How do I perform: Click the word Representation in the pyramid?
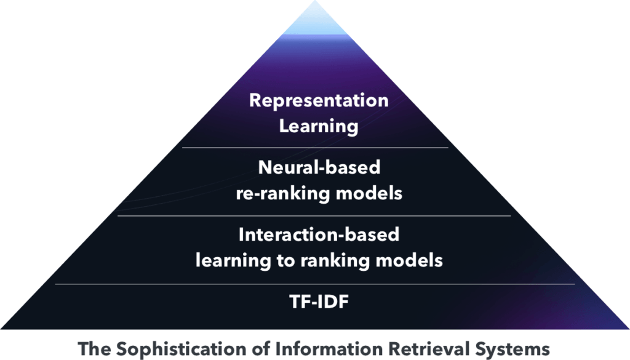[319, 101]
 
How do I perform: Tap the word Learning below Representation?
[319, 127]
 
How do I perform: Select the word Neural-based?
[319, 167]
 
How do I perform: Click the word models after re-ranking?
[369, 193]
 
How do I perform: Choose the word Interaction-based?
[319, 234]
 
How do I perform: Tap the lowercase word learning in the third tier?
[233, 261]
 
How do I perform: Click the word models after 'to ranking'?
[409, 260]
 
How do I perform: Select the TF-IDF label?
[319, 302]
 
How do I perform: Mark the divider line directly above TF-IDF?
[315, 284]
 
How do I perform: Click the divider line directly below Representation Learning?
[315, 148]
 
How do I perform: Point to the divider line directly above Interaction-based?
[314, 216]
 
